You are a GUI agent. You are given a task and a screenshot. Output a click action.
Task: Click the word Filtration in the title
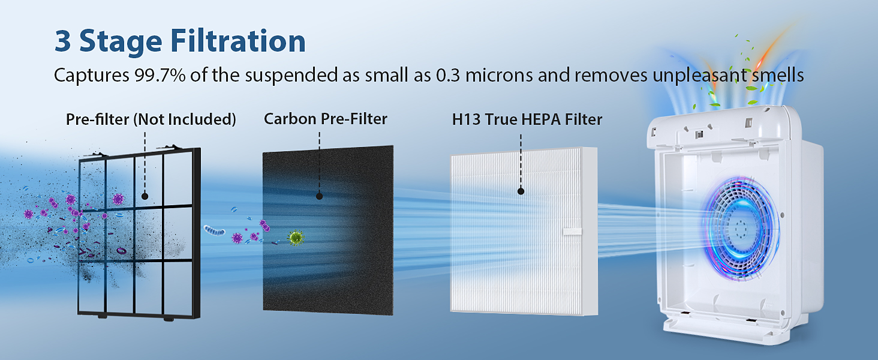[238, 40]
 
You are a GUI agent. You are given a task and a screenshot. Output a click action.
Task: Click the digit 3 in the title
[63, 40]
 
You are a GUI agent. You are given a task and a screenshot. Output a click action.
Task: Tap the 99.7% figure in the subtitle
[160, 75]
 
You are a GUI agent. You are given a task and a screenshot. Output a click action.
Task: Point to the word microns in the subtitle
[499, 75]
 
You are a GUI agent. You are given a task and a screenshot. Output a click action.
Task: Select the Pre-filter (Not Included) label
[151, 119]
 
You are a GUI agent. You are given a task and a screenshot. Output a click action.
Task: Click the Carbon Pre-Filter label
[325, 119]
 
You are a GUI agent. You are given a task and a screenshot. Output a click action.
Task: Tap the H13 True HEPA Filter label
[527, 119]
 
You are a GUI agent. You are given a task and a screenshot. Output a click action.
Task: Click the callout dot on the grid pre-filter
[145, 196]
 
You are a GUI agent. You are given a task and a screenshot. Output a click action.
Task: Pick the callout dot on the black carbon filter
[319, 196]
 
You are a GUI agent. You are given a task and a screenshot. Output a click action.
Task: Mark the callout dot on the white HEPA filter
[521, 191]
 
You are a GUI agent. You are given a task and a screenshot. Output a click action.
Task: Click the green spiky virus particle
[296, 237]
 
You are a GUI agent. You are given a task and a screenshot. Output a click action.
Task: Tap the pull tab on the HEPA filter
[572, 232]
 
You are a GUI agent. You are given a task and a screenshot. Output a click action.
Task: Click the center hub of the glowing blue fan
[741, 227]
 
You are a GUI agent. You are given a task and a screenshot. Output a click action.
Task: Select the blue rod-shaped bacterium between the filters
[215, 230]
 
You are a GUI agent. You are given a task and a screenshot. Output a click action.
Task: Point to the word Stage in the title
[121, 41]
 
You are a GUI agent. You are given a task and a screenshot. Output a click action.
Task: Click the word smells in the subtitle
[778, 75]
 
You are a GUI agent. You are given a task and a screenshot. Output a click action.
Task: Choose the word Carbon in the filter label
[290, 119]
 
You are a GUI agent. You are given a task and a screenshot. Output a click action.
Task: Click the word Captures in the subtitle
[91, 75]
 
